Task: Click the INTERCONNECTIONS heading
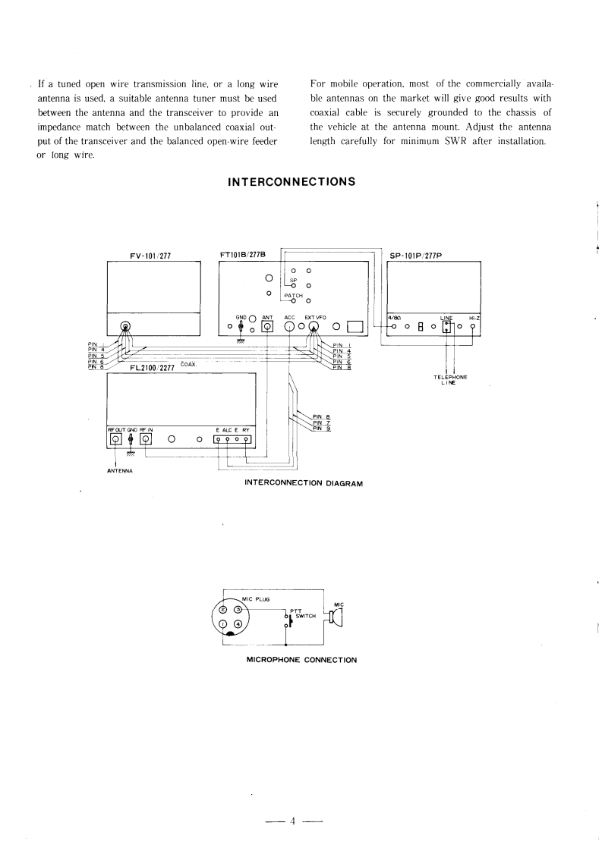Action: click(292, 182)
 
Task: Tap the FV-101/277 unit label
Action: click(152, 256)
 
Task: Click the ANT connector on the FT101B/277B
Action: click(267, 327)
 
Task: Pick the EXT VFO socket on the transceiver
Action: click(314, 327)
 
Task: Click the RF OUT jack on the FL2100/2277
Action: click(115, 439)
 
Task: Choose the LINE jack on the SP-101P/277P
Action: click(447, 327)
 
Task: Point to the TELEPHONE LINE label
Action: click(450, 380)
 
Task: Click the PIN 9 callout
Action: click(321, 430)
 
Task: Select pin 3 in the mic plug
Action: click(238, 609)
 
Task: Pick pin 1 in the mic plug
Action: click(223, 623)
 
